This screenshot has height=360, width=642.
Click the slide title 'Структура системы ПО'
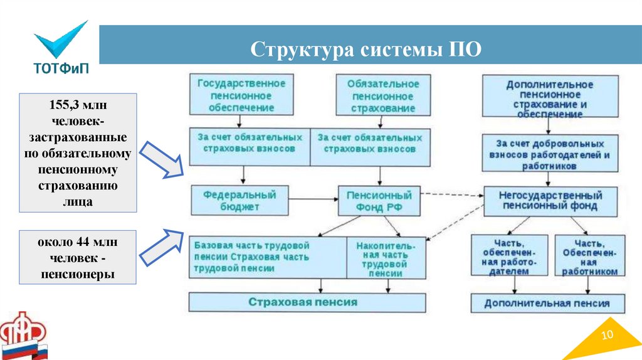(366, 49)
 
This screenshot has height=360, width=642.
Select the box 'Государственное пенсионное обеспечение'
(241, 95)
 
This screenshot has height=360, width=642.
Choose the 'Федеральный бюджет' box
(233, 200)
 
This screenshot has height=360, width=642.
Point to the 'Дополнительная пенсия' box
(547, 303)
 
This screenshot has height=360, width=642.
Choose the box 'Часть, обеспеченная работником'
(589, 256)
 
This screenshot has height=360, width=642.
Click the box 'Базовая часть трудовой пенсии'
(268, 257)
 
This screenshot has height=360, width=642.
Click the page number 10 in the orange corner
(606, 336)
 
